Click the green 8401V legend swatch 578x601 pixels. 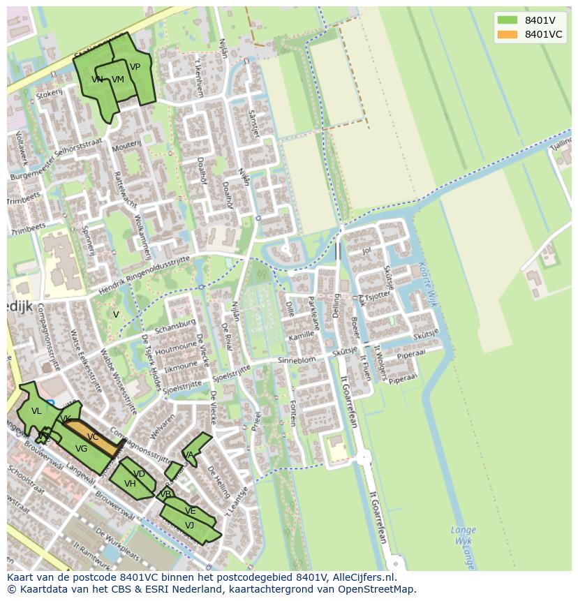[x=507, y=20]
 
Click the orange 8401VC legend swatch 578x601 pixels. [x=507, y=34]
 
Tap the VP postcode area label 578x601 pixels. [x=135, y=67]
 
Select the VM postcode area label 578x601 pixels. [x=117, y=80]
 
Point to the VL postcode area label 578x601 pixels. [x=36, y=411]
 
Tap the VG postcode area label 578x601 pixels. [x=81, y=449]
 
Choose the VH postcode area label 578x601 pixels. [x=130, y=483]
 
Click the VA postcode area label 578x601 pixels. [x=188, y=454]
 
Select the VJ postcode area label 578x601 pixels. [x=189, y=525]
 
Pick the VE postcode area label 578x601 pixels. [x=190, y=511]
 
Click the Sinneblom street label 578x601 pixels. [x=297, y=359]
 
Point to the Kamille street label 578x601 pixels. [x=302, y=336]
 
